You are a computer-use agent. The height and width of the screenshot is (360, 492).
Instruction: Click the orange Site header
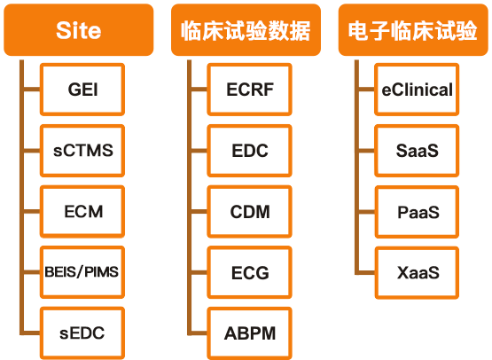pyautogui.click(x=78, y=30)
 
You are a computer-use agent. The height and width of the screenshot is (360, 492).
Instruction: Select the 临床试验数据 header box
pyautogui.click(x=246, y=30)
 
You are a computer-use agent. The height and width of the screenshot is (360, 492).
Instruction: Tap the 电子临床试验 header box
pyautogui.click(x=413, y=30)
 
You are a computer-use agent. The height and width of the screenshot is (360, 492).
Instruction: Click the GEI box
pyautogui.click(x=82, y=90)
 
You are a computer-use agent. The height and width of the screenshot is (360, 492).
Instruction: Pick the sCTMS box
pyautogui.click(x=82, y=151)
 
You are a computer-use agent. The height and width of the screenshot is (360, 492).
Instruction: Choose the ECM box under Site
pyautogui.click(x=82, y=212)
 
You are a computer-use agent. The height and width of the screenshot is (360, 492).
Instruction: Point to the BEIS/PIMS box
pyautogui.click(x=82, y=272)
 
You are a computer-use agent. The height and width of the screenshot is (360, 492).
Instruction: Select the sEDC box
pyautogui.click(x=82, y=333)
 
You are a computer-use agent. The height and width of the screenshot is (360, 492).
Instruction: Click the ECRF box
pyautogui.click(x=249, y=90)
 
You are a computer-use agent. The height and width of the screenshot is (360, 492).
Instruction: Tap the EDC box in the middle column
pyautogui.click(x=249, y=151)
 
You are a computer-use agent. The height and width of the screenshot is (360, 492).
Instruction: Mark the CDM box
pyautogui.click(x=249, y=212)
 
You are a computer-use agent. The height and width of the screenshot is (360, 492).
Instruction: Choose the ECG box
pyautogui.click(x=249, y=272)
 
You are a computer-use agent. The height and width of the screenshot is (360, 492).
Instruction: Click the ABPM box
pyautogui.click(x=249, y=333)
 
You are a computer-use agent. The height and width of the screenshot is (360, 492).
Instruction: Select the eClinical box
pyautogui.click(x=417, y=90)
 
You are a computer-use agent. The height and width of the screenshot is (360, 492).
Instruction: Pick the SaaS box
pyautogui.click(x=417, y=151)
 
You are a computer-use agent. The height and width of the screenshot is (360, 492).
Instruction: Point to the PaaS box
pyautogui.click(x=417, y=212)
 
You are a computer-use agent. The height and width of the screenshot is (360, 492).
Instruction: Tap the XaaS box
pyautogui.click(x=417, y=272)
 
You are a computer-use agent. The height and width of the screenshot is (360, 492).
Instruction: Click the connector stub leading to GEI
pyautogui.click(x=32, y=90)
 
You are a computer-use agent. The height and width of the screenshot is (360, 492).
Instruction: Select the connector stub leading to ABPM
pyautogui.click(x=199, y=333)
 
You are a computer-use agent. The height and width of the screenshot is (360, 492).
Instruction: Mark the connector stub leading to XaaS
pyautogui.click(x=366, y=272)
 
